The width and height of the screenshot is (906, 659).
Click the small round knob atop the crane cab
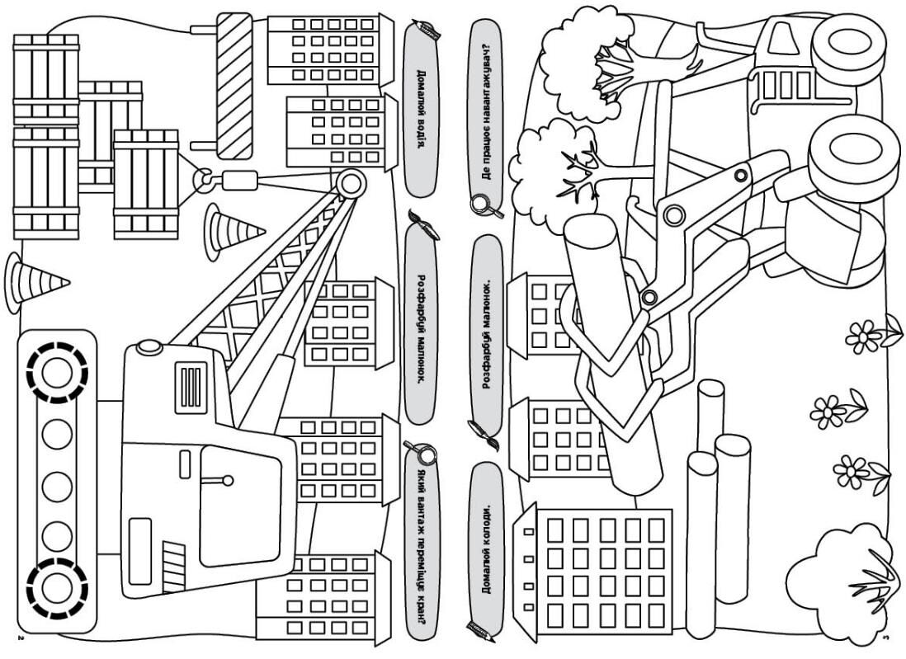tap(149, 347)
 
